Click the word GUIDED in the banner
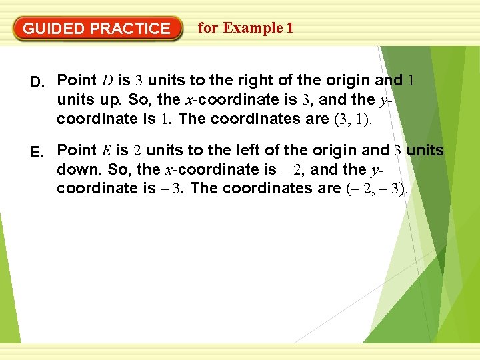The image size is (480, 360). click(x=54, y=29)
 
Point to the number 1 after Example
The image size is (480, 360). click(x=289, y=28)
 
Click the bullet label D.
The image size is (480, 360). click(x=38, y=82)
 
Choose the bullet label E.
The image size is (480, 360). click(x=38, y=152)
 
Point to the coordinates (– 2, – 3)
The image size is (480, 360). click(x=377, y=189)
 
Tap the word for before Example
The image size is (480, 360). click(x=208, y=28)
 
